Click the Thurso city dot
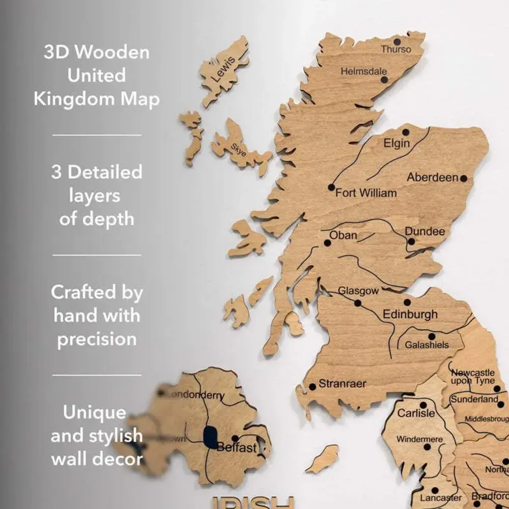397,41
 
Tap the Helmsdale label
364,72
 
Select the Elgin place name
397,143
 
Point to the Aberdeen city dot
463,179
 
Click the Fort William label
365,193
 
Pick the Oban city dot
328,243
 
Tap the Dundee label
425,232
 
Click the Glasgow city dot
358,303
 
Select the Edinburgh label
410,314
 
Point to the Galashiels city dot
432,336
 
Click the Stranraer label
342,384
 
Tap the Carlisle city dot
423,405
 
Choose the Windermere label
419,439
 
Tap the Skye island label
238,149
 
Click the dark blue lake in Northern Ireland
210,437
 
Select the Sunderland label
474,400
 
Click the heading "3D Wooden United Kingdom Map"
97,75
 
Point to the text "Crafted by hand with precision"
97,316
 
